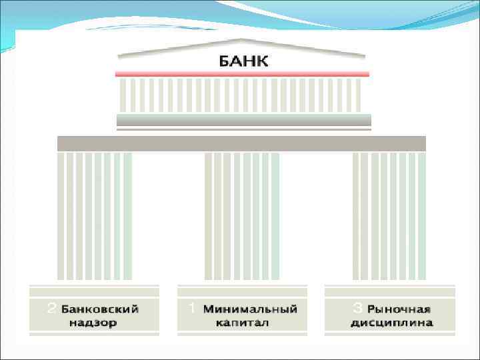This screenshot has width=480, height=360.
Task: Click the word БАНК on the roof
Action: coord(243,62)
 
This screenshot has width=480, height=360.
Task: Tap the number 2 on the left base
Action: coord(51,309)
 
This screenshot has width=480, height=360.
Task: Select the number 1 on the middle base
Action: coord(191,309)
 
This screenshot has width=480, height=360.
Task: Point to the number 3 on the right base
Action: coord(357,309)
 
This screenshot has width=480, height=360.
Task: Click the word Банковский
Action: coord(101,310)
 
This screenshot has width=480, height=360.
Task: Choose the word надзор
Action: coord(93,323)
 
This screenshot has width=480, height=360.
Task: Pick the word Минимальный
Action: coord(250,310)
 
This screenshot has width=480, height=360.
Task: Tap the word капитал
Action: coord(242,323)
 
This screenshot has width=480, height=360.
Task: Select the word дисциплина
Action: coord(391,323)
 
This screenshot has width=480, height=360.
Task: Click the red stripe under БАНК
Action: coord(242,74)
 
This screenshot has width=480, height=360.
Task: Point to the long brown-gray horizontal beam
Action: coord(241,143)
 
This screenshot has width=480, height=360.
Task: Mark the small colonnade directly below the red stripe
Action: coord(241,95)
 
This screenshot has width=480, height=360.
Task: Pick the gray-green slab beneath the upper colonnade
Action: coord(243,120)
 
